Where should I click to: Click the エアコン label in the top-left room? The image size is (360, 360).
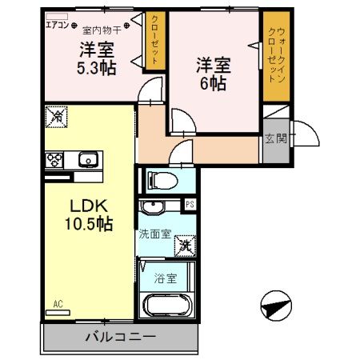57,26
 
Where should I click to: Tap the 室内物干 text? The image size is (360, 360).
102,26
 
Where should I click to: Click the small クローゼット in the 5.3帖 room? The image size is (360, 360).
154,39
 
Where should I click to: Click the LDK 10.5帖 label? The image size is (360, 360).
87,212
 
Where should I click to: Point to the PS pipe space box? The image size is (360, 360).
190,204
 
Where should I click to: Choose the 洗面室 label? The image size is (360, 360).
154,235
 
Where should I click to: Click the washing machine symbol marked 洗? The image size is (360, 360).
185,245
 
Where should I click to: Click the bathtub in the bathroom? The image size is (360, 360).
166,306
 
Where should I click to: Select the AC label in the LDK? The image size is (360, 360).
58,304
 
